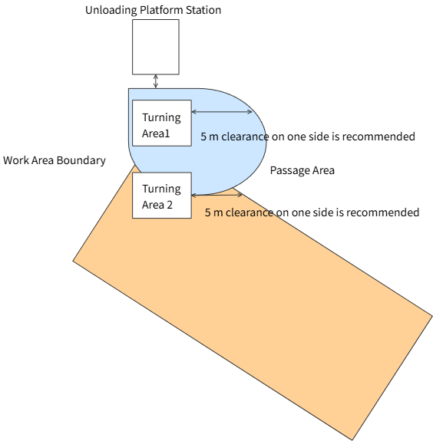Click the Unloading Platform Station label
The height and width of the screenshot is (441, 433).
(153, 10)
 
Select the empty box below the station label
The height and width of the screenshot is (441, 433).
(156, 47)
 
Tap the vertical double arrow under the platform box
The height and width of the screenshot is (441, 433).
(156, 81)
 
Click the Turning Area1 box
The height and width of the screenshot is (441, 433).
(162, 123)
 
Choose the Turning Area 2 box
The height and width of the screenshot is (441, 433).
(162, 196)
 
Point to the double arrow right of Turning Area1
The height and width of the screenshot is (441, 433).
(222, 112)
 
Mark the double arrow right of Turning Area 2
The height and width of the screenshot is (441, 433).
(216, 195)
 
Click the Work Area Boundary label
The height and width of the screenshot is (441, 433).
(55, 160)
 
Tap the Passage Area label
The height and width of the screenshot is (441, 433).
(302, 170)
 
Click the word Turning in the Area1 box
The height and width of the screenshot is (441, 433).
(161, 117)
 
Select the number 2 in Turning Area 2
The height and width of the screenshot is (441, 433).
(170, 205)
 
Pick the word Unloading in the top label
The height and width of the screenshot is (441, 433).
(111, 10)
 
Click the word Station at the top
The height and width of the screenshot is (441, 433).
(203, 10)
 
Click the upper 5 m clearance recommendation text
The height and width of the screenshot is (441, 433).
(308, 137)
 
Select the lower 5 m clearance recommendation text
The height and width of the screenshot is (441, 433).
(312, 212)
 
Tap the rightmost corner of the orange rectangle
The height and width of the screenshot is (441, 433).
(432, 317)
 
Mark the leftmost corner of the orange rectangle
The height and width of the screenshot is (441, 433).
(73, 261)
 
